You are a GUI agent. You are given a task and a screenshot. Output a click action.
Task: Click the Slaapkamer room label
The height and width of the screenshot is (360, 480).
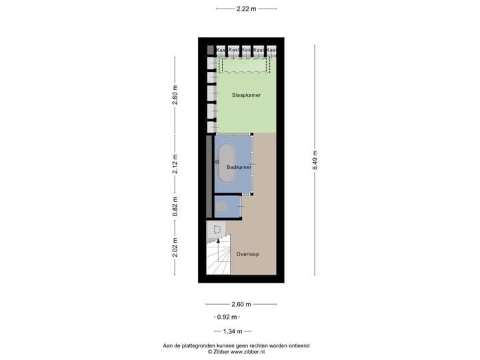point(246,95)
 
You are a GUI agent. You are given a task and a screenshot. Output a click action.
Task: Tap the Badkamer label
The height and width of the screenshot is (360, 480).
point(239,167)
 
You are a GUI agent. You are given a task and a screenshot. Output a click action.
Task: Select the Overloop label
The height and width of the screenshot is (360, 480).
point(247,254)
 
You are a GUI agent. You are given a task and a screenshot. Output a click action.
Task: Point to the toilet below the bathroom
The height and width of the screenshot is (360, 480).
point(222,207)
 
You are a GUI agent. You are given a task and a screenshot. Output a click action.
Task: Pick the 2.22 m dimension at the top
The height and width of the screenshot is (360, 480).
point(246,9)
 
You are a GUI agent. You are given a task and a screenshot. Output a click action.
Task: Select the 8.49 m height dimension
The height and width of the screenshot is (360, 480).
point(315,161)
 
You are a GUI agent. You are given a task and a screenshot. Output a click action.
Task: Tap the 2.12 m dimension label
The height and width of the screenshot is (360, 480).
point(175,163)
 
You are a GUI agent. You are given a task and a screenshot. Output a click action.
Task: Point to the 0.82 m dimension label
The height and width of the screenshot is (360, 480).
point(175,206)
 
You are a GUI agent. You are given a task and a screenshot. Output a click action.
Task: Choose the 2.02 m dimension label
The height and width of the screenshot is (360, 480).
point(175,247)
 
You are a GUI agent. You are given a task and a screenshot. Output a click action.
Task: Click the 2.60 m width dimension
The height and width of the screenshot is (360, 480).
point(241,304)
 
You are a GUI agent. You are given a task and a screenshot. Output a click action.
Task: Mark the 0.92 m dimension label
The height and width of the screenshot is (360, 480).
point(227,317)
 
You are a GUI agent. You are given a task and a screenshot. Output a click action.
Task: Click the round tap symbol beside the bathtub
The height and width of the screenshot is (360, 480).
point(217,162)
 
